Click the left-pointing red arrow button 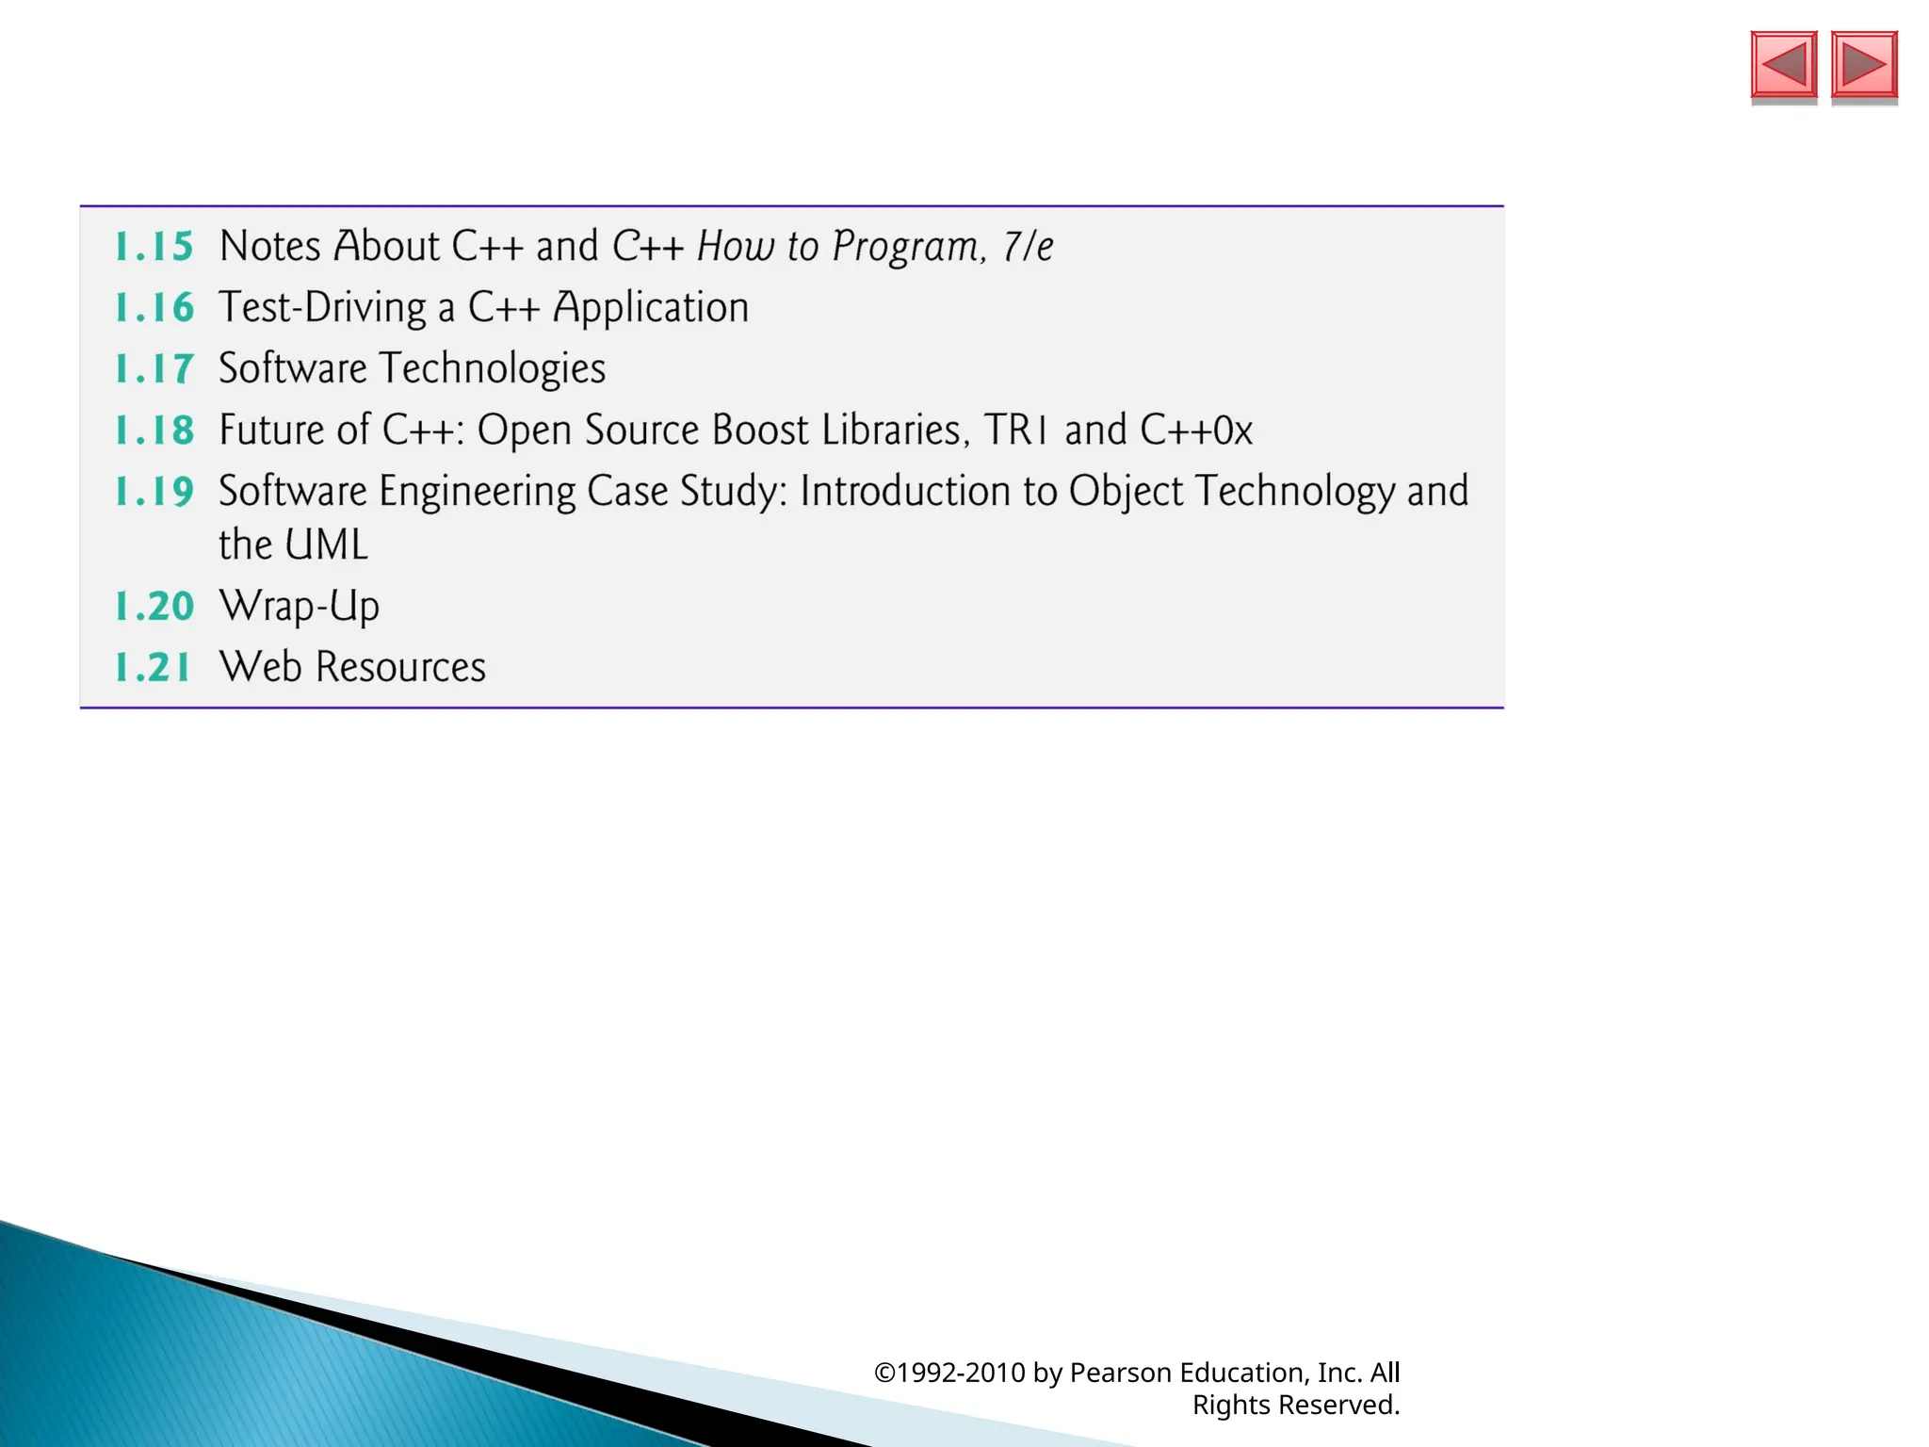(1783, 65)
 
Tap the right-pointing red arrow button (1864, 65)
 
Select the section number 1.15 (154, 247)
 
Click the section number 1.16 (154, 308)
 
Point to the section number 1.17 (154, 369)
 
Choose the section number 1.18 (154, 431)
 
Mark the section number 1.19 (154, 492)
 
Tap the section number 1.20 (154, 607)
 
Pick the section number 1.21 (153, 668)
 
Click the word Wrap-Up (300, 607)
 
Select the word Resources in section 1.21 (400, 667)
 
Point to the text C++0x (1196, 431)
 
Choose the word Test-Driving (322, 308)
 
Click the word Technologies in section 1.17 (492, 369)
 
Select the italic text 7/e (1028, 247)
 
